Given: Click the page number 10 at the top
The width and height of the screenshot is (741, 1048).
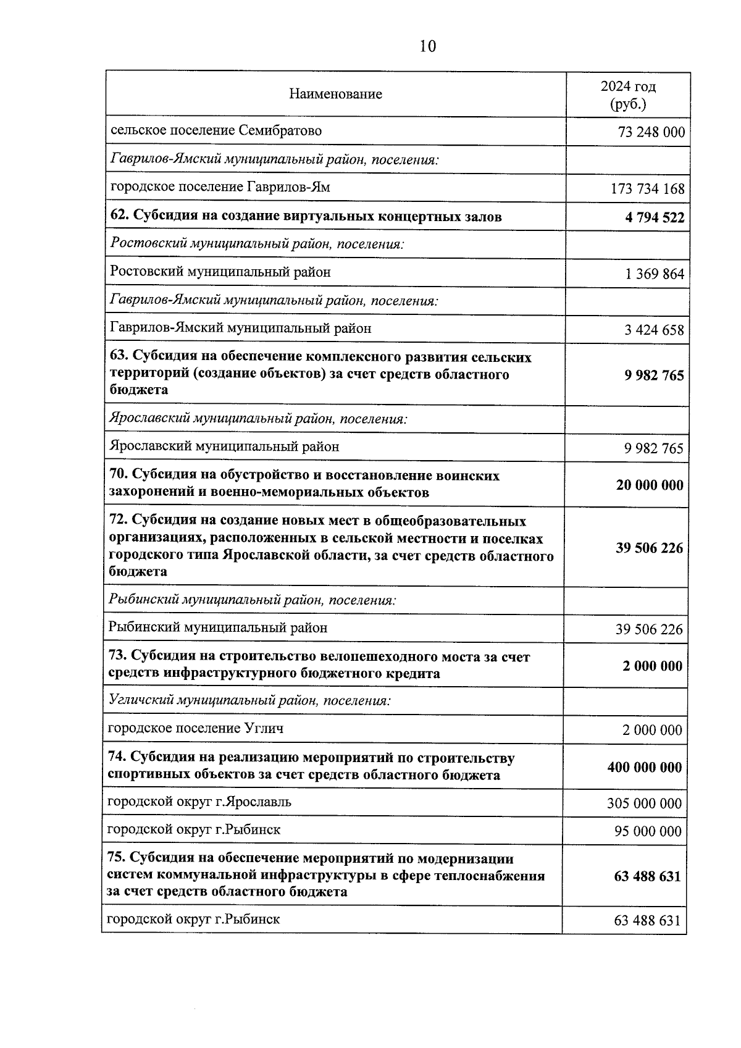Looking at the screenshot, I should coord(427,46).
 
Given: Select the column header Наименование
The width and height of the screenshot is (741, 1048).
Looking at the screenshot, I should coord(335,94).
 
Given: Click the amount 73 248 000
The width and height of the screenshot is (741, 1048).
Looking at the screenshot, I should coord(651,132).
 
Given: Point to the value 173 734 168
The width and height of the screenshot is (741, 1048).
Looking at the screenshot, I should coord(647,189).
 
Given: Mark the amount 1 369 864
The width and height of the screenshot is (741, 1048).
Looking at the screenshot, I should coord(655,274).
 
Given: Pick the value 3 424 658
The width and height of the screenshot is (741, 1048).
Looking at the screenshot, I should coord(654,330).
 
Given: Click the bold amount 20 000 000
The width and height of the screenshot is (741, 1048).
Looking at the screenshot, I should coord(650,485).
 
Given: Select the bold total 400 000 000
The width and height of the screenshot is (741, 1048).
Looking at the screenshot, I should coord(645,768).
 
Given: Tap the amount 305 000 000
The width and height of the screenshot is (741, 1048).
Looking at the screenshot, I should coord(645,803).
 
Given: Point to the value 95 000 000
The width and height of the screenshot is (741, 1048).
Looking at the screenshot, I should coord(648,831).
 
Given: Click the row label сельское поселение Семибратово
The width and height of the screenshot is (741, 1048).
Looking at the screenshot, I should coord(216,131).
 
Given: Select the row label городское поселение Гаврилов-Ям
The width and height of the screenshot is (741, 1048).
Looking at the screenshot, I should coord(220,187).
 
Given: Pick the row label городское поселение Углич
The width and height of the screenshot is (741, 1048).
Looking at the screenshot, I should coord(196,729).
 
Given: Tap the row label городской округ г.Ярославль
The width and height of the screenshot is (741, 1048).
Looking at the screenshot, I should coord(199,802).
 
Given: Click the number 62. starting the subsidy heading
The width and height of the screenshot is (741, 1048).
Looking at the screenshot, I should coord(120,217).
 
